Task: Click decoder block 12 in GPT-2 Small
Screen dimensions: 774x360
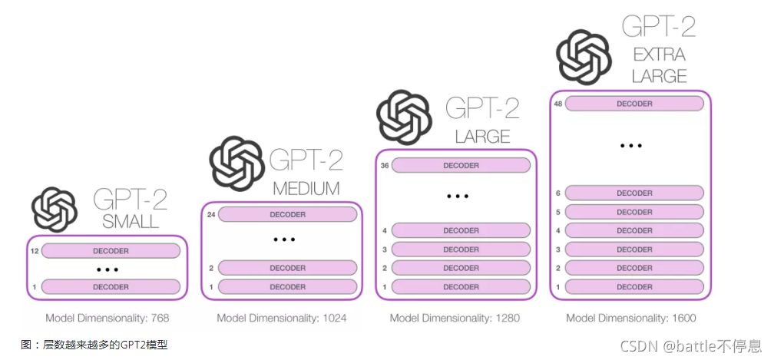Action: point(111,250)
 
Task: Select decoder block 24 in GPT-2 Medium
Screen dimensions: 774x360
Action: point(287,214)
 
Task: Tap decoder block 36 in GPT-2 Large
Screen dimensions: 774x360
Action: point(461,165)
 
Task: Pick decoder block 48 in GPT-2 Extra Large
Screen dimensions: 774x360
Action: point(634,104)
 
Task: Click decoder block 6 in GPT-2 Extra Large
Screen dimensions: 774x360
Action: point(634,193)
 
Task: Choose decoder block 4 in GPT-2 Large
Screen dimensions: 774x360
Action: point(461,230)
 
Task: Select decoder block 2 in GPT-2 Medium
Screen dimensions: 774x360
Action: point(287,268)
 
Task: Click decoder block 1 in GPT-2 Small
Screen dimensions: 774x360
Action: point(111,286)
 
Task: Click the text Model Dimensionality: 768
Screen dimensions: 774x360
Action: point(107,318)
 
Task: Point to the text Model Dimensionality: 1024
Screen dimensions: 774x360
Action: point(282,318)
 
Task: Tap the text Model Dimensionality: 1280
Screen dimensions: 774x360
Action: point(455,318)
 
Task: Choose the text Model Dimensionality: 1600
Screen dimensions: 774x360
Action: point(631,318)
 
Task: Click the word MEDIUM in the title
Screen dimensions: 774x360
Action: point(307,188)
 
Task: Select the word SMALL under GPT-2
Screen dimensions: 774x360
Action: point(131,222)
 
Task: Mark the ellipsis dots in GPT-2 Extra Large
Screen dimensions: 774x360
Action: point(630,145)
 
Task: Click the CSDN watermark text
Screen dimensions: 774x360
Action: point(690,345)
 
